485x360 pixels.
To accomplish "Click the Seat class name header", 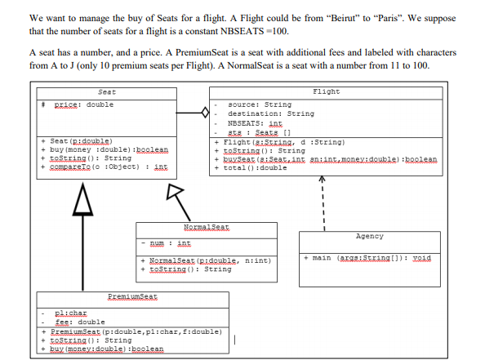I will click(105, 92).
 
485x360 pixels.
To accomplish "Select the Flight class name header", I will click(326, 92).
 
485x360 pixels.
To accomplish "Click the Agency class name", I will click(369, 236).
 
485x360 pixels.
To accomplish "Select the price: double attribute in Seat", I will click(83, 104).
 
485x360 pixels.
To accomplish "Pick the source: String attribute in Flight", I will click(259, 104).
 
